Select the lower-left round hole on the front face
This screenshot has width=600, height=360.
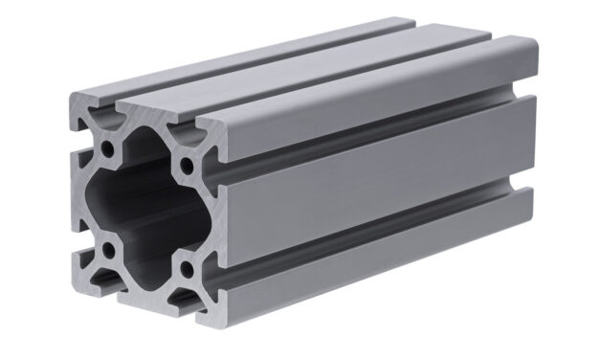[109, 251]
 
